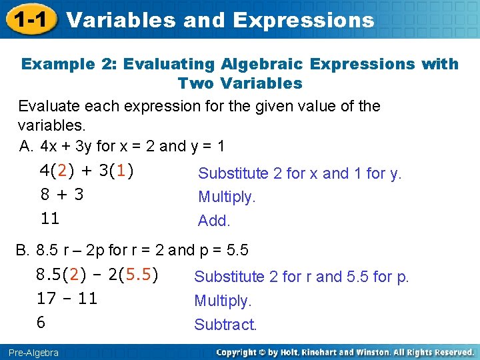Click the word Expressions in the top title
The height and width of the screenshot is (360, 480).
click(303, 20)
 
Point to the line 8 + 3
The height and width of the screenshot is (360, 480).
click(61, 195)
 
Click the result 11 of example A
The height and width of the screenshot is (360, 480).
click(50, 218)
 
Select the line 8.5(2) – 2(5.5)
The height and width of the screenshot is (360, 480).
click(97, 274)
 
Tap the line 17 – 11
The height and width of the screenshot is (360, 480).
click(67, 298)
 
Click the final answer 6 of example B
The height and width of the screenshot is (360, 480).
click(41, 323)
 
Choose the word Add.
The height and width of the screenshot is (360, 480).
click(214, 221)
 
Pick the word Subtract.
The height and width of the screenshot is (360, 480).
click(225, 325)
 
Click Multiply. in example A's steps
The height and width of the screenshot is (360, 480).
click(227, 197)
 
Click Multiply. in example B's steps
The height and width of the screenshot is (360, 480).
click(223, 301)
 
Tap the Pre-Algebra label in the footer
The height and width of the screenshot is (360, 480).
click(33, 352)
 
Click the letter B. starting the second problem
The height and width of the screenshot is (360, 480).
click(23, 251)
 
